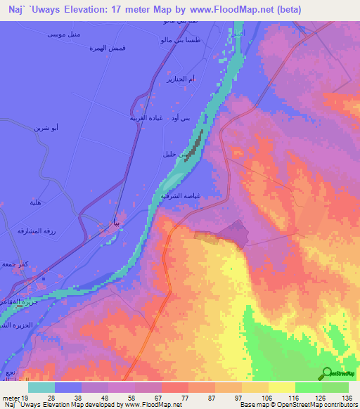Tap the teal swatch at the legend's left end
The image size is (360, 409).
41,387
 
